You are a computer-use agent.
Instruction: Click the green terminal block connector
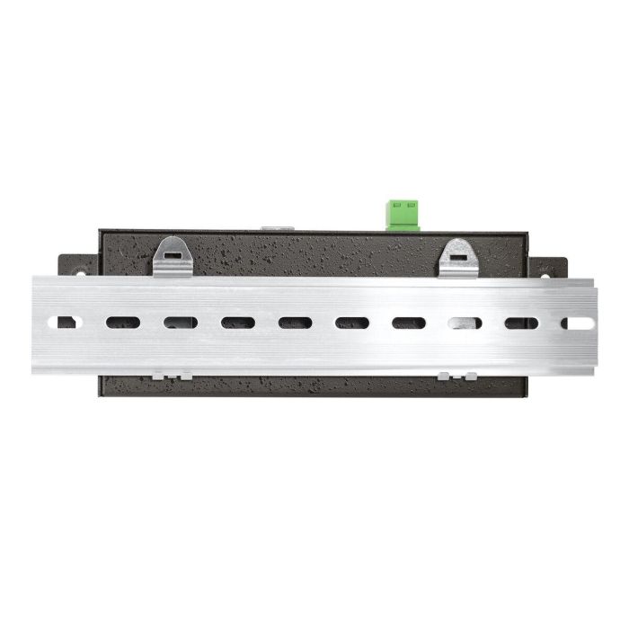click(x=403, y=215)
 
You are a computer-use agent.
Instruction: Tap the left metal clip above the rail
click(x=172, y=256)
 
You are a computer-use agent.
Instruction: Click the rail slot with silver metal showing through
click(x=465, y=323)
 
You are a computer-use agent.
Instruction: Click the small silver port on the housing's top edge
click(x=275, y=228)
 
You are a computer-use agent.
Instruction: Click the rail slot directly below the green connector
click(x=408, y=323)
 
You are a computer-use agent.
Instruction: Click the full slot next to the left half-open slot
click(x=123, y=322)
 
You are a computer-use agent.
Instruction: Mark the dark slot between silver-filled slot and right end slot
click(x=521, y=323)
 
